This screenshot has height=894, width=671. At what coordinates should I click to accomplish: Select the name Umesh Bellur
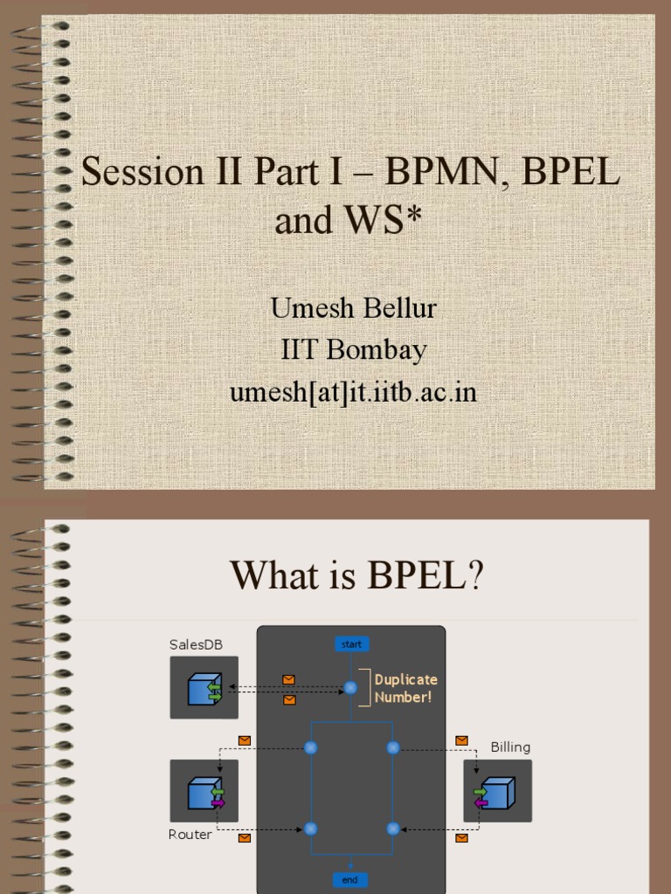(354, 308)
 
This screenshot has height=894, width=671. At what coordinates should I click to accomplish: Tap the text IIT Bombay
(354, 350)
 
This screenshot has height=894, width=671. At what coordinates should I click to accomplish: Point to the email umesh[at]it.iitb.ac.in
(354, 392)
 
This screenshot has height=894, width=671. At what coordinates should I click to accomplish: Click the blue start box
(351, 644)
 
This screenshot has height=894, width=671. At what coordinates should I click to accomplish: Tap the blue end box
(350, 879)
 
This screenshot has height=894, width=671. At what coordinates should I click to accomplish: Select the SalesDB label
(191, 644)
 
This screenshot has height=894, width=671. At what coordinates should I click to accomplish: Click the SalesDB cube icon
(204, 688)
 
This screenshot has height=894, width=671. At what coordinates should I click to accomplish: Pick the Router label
(190, 835)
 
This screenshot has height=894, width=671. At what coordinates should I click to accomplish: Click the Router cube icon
(204, 792)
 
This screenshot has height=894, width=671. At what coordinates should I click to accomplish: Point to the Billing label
(510, 747)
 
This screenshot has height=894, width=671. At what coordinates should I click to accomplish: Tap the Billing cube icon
(496, 792)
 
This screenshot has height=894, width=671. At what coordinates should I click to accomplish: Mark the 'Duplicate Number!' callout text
(406, 688)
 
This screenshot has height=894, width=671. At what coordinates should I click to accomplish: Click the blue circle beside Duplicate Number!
(350, 688)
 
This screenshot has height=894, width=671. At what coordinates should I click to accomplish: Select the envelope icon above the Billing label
(462, 740)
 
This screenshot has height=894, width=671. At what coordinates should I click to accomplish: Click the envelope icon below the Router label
(245, 838)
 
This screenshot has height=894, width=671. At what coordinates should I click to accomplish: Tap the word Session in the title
(142, 172)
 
